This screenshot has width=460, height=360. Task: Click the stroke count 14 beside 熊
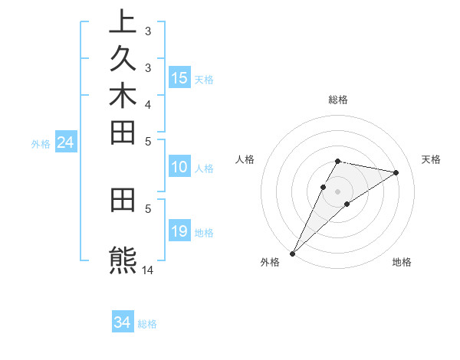(148, 270)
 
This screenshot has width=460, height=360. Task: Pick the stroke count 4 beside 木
(148, 104)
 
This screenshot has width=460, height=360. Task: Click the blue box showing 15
(179, 77)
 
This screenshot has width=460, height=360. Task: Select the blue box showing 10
(179, 168)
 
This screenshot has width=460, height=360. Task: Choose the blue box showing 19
(179, 231)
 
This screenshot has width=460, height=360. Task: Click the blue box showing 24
(66, 142)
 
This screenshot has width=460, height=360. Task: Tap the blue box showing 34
(123, 322)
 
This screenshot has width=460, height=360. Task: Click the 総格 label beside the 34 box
(147, 324)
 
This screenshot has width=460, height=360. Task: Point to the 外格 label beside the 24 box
(41, 143)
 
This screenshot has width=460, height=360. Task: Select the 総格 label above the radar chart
(337, 100)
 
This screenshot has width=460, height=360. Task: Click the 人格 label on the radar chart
(245, 159)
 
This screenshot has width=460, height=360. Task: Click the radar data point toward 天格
(396, 172)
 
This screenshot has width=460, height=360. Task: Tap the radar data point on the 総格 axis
(337, 161)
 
